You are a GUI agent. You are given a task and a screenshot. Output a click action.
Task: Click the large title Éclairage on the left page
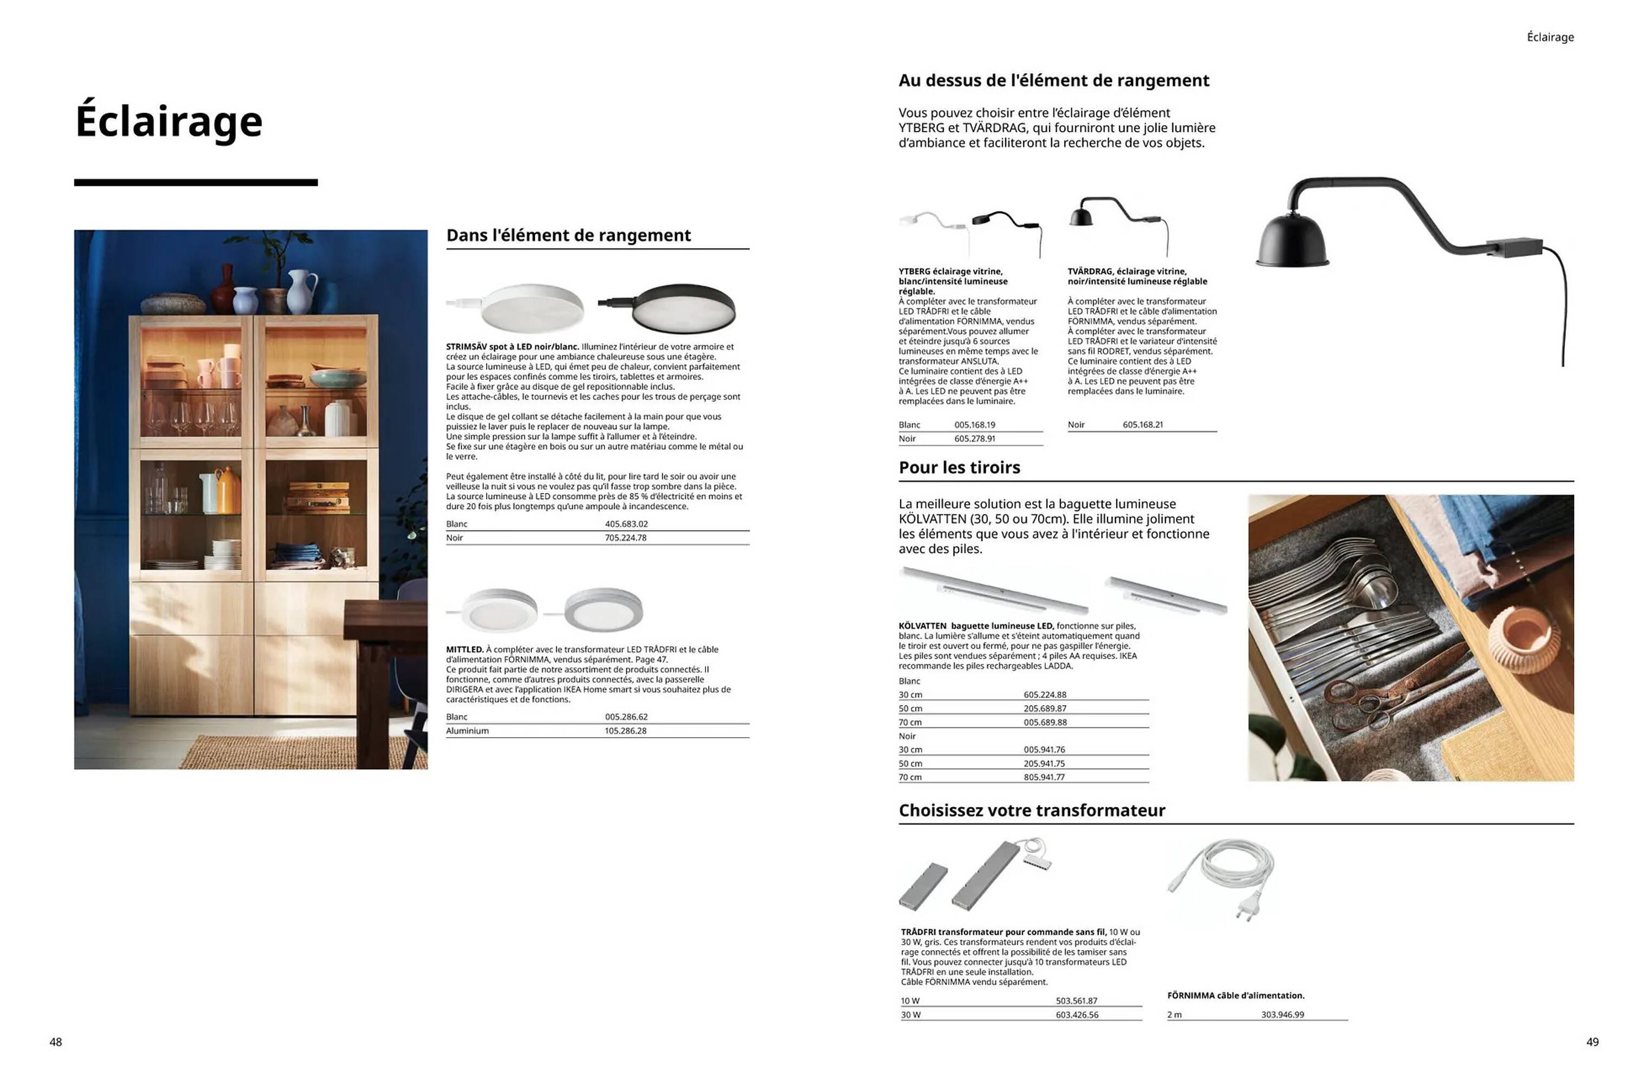(169, 121)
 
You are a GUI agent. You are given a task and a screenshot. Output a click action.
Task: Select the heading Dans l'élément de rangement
(568, 236)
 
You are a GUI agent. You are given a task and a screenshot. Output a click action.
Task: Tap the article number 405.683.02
(626, 524)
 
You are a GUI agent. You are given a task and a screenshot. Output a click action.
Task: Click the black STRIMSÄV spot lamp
(682, 308)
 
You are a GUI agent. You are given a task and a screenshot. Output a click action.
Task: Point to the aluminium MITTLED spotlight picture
(603, 610)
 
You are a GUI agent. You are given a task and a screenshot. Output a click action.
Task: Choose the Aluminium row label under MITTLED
(467, 731)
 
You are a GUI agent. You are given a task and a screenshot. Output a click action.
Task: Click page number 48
(55, 1042)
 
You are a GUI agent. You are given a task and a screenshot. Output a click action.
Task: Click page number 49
(1592, 1042)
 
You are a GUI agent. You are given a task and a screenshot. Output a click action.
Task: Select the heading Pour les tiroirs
(959, 468)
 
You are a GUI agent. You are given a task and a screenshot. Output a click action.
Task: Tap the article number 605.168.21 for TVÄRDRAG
(1142, 425)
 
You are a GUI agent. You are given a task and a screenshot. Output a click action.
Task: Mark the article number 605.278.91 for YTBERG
(974, 438)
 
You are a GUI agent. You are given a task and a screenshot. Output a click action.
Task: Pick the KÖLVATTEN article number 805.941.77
(1044, 777)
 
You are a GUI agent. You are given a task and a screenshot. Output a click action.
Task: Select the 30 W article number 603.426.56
(1077, 1015)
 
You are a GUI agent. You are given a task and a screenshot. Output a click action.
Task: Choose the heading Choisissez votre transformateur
(1031, 810)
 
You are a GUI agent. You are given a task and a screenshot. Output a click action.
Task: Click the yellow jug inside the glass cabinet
(227, 491)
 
